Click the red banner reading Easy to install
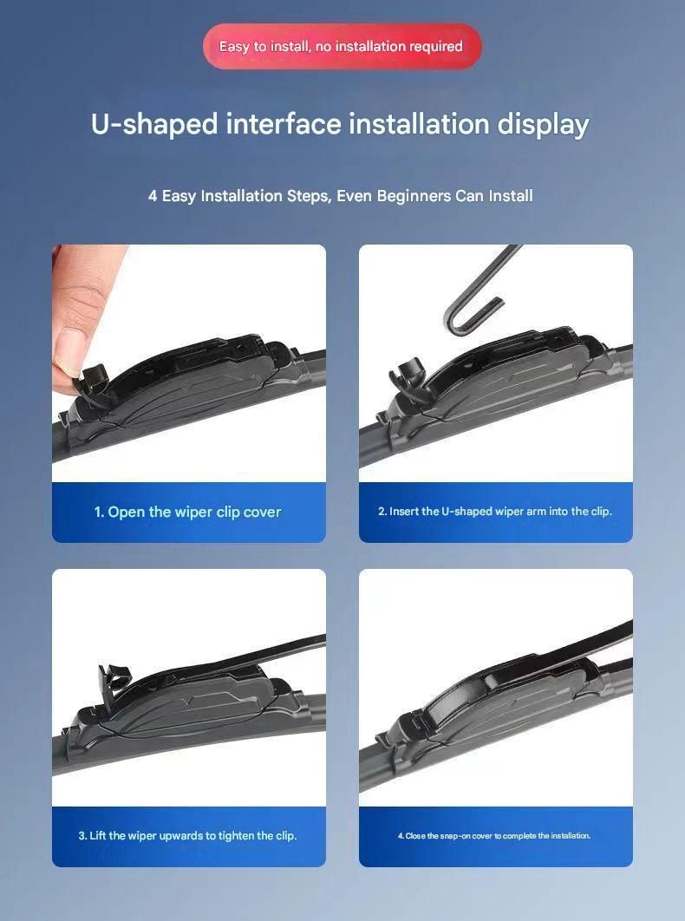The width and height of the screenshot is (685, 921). point(342,47)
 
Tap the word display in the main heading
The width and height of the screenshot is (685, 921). point(544,125)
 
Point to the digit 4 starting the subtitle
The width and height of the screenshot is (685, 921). point(153,196)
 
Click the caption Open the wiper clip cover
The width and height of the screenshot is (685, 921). point(188,513)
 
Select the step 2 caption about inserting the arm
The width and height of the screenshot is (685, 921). point(495,512)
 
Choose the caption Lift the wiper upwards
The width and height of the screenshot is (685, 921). point(187,836)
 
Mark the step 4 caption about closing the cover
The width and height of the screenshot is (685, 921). point(494,836)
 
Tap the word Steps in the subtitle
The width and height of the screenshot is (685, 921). point(308,196)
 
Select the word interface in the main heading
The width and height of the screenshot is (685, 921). point(284,125)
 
